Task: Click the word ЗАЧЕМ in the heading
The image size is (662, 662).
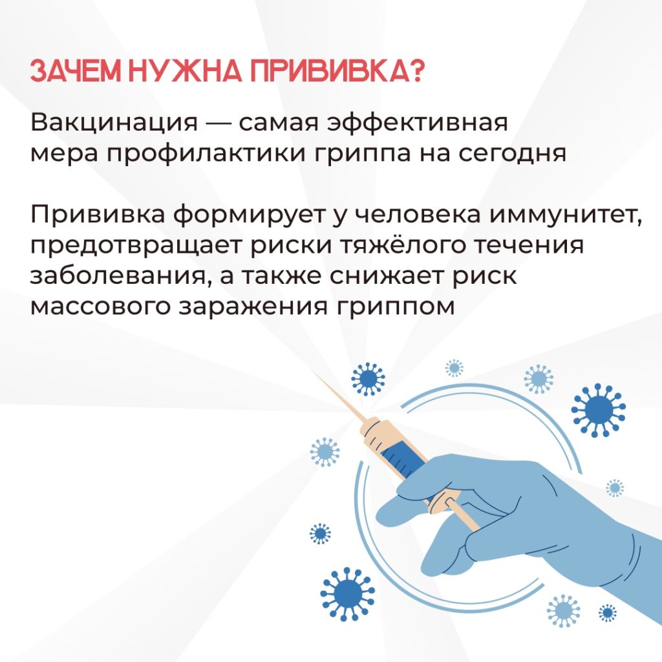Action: tap(75, 70)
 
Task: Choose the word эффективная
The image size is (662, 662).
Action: tap(418, 122)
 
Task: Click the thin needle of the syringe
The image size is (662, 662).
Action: tap(337, 396)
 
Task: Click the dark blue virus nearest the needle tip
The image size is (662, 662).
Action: tap(368, 379)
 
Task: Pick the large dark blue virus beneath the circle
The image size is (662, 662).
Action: tap(347, 594)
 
